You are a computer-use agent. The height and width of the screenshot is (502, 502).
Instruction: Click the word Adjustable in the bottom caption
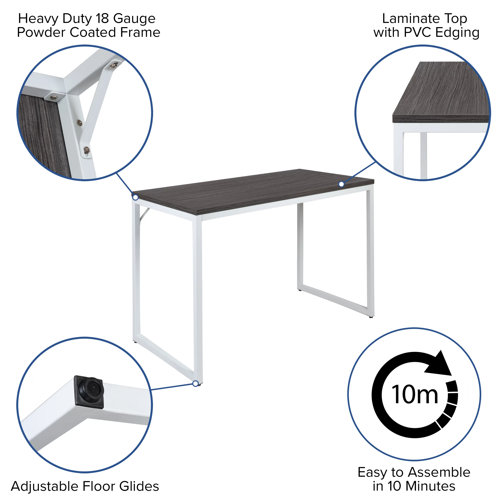coord(45,487)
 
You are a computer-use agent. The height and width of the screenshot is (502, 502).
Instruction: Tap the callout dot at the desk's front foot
coord(195,384)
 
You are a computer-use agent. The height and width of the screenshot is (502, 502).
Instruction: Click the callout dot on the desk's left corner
coord(135,197)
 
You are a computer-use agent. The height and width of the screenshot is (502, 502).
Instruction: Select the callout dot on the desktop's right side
coord(341,184)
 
